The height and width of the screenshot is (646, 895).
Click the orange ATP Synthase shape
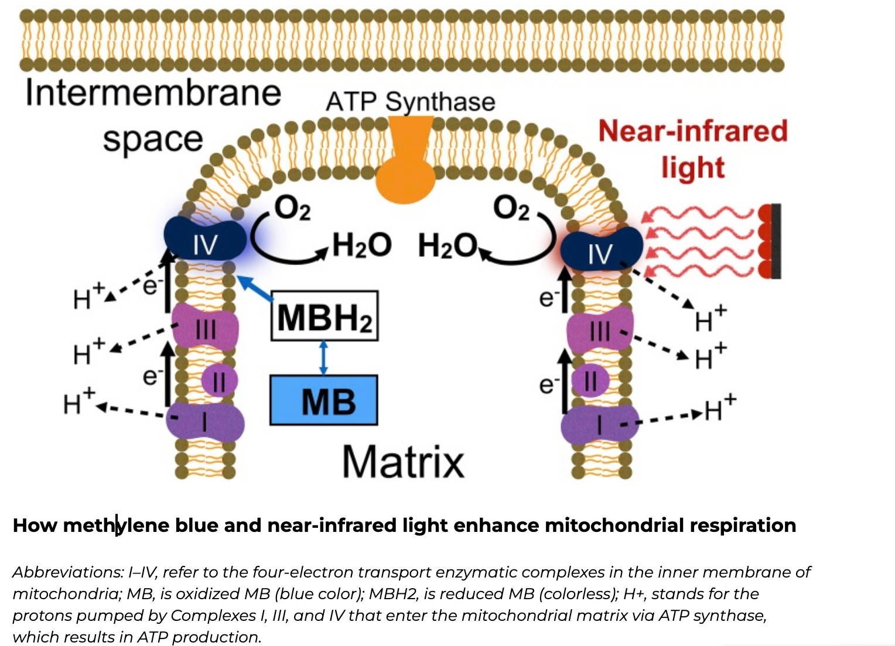[406, 170]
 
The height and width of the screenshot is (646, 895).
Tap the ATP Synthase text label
[410, 101]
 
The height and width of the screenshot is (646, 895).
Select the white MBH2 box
[324, 316]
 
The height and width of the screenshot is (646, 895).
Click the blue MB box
[323, 400]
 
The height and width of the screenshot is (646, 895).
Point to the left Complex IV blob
[204, 240]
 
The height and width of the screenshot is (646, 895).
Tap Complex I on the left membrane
[205, 421]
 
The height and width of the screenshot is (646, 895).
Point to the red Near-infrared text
[692, 131]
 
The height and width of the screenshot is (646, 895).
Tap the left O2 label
[292, 209]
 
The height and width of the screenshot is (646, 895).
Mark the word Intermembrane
[153, 93]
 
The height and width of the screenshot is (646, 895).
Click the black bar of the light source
[776, 241]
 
